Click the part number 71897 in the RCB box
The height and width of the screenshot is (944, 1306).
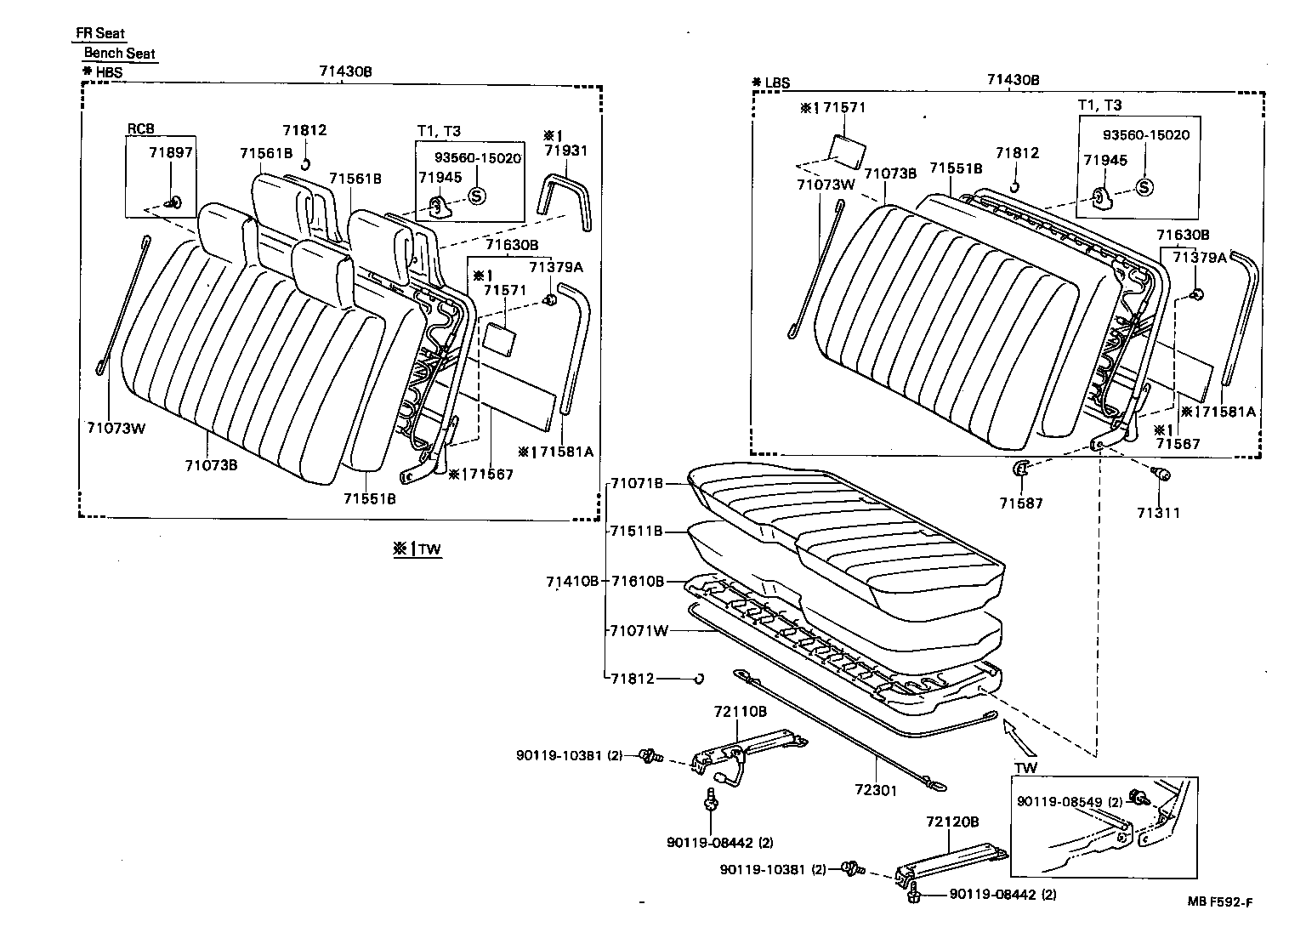[x=170, y=152]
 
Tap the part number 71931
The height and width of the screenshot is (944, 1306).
[x=565, y=151]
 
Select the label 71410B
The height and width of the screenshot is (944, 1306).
[x=572, y=582]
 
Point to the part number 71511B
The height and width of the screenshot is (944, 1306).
[x=636, y=532]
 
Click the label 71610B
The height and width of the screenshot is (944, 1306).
[x=636, y=582]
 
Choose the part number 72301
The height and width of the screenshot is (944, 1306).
[x=876, y=791]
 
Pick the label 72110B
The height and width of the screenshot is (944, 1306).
[x=740, y=711]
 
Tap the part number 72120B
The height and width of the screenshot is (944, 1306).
[x=952, y=822]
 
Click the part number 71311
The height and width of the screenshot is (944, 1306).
[x=1158, y=513]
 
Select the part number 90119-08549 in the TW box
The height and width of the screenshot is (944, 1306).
[x=1059, y=801]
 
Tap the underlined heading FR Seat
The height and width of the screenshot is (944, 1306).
[x=99, y=33]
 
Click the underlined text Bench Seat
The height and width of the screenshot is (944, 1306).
[x=119, y=53]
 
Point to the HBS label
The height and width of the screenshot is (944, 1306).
[x=108, y=72]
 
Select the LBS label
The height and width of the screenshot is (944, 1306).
[x=777, y=83]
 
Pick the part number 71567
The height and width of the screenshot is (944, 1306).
[x=488, y=475]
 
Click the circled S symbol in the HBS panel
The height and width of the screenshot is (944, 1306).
[x=476, y=196]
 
